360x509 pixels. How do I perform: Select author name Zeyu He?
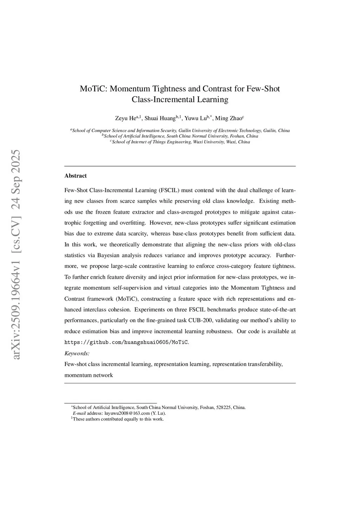tap(125, 118)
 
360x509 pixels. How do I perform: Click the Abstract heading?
tap(76, 176)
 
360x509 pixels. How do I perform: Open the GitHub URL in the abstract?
tap(126, 342)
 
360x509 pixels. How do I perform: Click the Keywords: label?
tap(77, 353)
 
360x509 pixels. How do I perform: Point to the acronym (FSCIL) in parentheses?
tap(169, 191)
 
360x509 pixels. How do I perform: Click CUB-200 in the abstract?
tap(200, 320)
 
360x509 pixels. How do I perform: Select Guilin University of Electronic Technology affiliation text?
tap(220, 130)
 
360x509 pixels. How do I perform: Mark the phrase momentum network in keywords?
tap(89, 375)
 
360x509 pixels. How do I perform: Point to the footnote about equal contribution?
tap(118, 419)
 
